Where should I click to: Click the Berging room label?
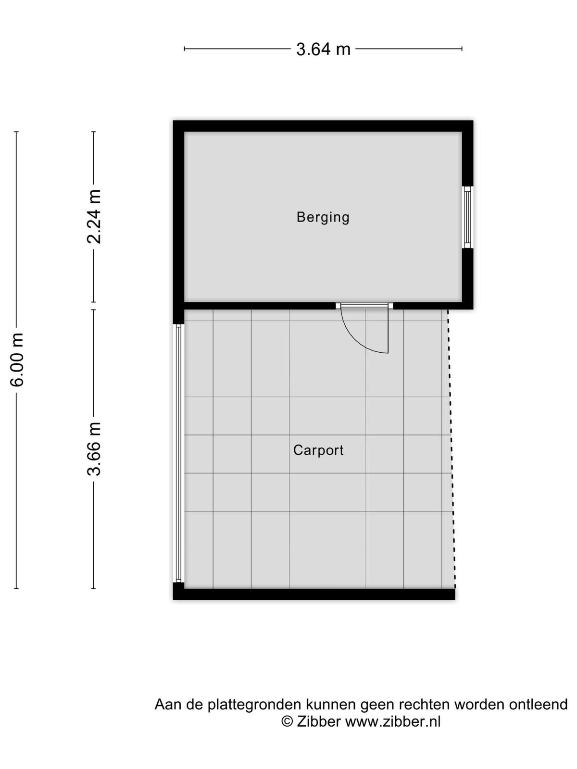[323, 218]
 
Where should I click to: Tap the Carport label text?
[318, 450]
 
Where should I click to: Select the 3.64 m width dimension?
[323, 49]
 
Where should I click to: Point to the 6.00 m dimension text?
[16, 360]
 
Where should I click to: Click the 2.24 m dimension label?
[94, 216]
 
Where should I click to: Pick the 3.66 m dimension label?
[94, 449]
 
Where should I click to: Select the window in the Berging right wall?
[467, 217]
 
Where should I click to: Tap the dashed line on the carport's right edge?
[452, 448]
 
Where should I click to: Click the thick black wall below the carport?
[314, 594]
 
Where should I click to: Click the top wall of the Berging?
[323, 126]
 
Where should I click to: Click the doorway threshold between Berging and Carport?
[364, 306]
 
